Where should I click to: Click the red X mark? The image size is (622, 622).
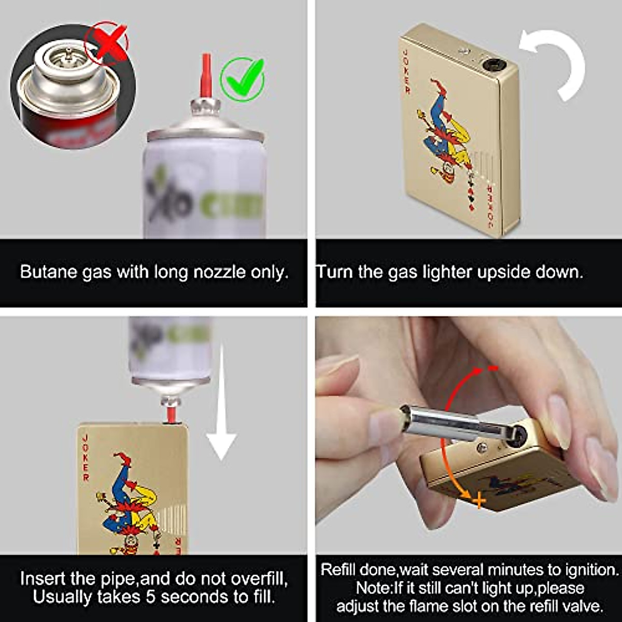pos(108,43)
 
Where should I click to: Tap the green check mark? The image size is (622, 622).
pos(243,79)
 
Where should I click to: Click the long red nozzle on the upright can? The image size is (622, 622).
pos(206,76)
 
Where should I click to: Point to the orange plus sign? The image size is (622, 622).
pos(479,500)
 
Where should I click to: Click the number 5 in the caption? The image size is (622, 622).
pos(151,597)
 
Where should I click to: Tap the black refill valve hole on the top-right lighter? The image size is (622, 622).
pos(491,65)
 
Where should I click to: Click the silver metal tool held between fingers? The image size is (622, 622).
pos(441,422)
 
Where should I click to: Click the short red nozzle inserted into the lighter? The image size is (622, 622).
pos(170,415)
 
